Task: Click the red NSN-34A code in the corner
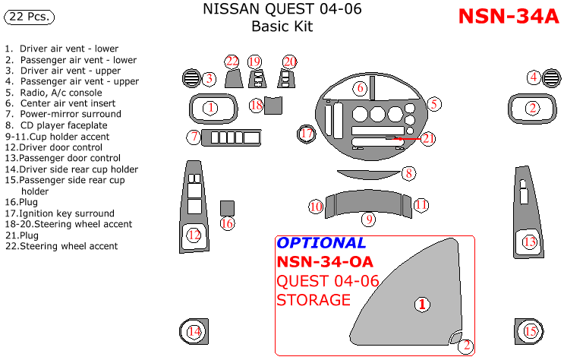tap(509, 17)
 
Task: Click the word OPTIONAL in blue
tap(321, 243)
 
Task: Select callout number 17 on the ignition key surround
tap(307, 134)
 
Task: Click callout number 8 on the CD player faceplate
tap(408, 173)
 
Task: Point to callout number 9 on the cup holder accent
tap(369, 219)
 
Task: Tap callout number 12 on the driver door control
tap(194, 235)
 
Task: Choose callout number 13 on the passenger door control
tap(530, 242)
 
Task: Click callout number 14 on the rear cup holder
tap(194, 331)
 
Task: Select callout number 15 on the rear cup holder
tap(530, 330)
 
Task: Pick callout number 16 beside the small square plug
tap(227, 223)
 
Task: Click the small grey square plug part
tap(226, 207)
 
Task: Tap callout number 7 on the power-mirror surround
tap(195, 137)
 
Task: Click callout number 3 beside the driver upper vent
tap(210, 78)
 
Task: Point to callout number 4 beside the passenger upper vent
tap(534, 77)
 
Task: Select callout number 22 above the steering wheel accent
tap(232, 62)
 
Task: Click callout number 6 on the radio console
tap(361, 88)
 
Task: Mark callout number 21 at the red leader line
tap(428, 138)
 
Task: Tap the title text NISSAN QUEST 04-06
tap(282, 10)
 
